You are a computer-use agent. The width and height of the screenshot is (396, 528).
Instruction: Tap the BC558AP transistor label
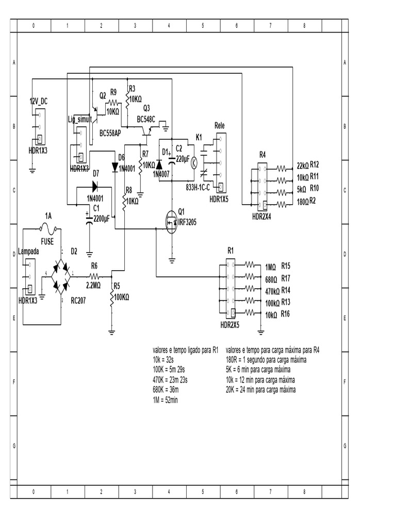point(110,133)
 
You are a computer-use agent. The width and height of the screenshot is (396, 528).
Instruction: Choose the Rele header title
point(219,126)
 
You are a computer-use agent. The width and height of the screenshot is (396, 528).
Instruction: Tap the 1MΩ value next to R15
point(270,267)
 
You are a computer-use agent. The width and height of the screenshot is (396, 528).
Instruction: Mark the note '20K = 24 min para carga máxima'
point(261,390)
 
